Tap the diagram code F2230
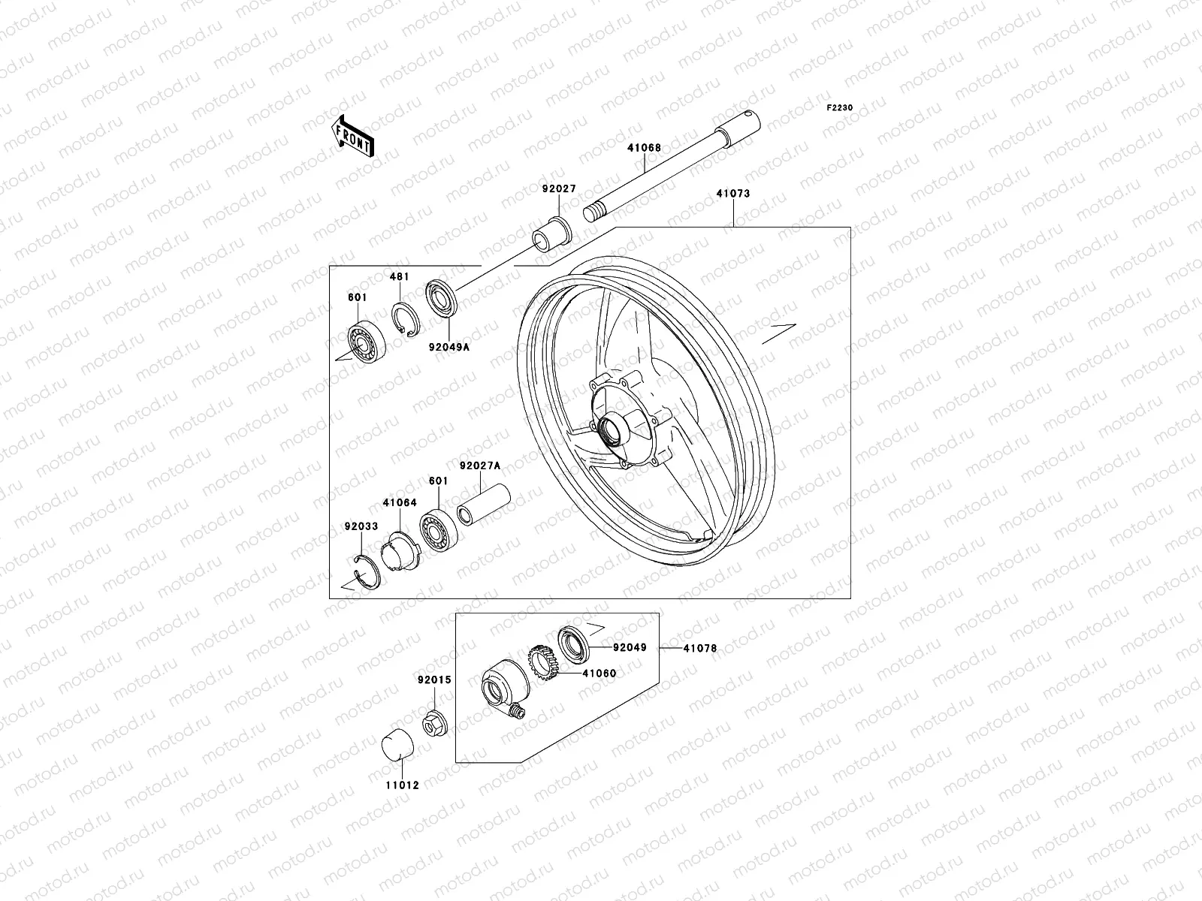[840, 108]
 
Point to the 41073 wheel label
[732, 194]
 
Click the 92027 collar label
[558, 189]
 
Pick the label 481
[399, 277]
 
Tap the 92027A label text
[479, 466]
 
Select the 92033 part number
[361, 526]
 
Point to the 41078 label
[699, 647]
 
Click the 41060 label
[598, 673]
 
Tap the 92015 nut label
[435, 680]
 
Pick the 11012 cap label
[402, 785]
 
